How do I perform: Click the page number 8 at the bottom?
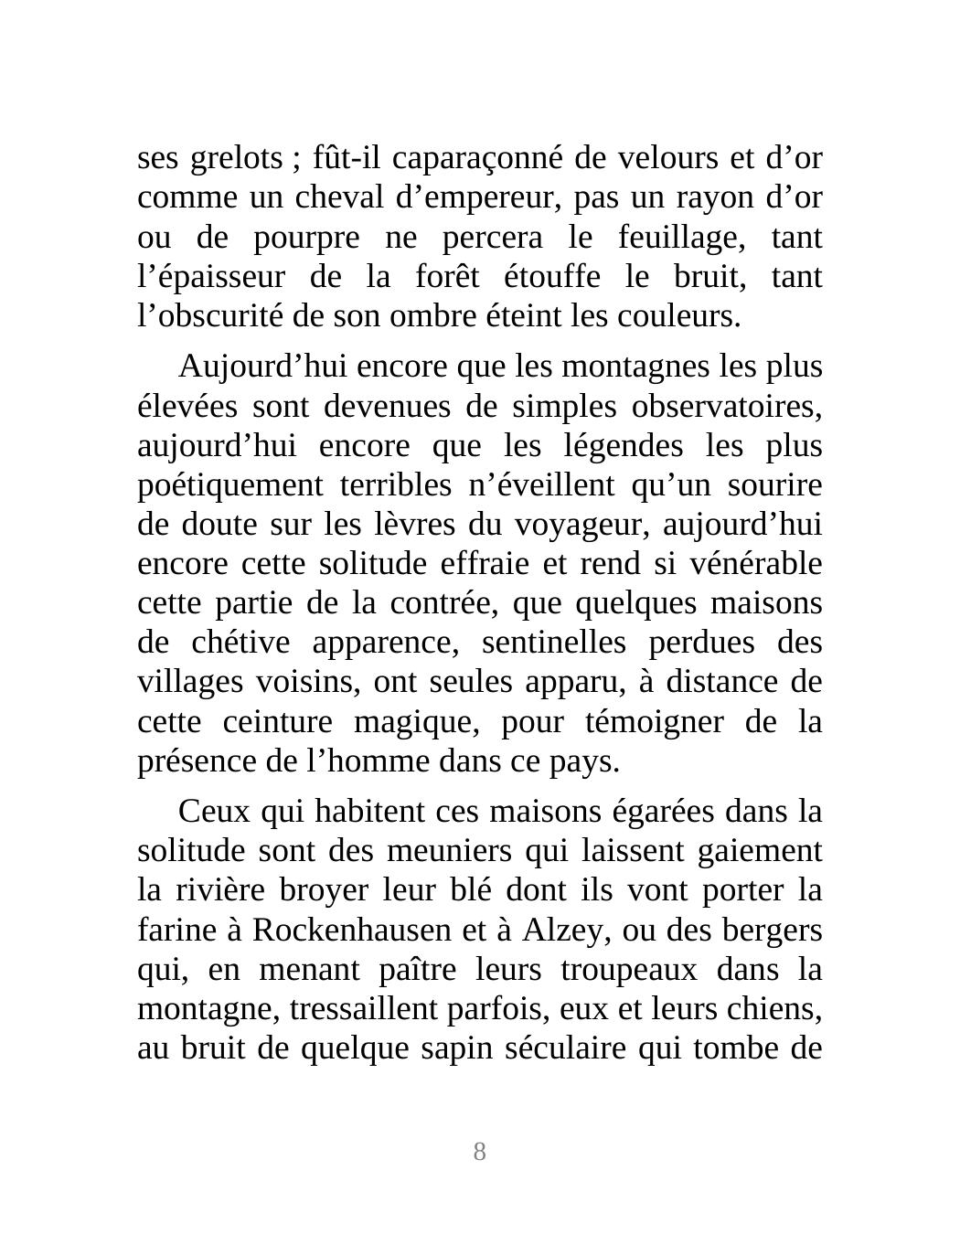479,1152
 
